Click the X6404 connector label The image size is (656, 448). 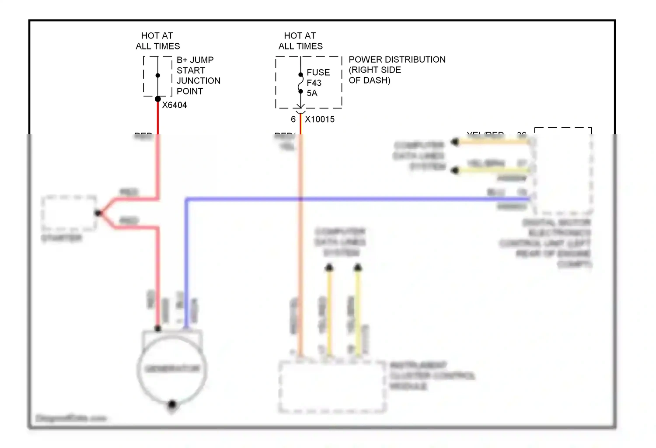coord(174,105)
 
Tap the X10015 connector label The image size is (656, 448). coord(319,119)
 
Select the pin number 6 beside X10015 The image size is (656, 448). coord(293,119)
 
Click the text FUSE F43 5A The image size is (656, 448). coord(318,83)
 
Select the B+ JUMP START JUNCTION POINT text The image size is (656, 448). coord(198,76)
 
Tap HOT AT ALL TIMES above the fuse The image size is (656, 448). coord(300,41)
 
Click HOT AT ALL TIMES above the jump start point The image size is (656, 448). coord(157,41)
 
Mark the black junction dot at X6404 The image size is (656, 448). coord(158,99)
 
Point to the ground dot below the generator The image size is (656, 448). coord(172,404)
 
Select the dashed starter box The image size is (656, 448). coord(69,213)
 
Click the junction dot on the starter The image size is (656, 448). coord(98,213)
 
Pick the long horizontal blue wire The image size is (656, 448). coord(350,199)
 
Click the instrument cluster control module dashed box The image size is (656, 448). coord(332,387)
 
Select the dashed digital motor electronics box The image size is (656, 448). coord(563,171)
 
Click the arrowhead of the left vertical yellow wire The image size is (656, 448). coord(329,267)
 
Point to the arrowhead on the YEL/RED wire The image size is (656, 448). coord(455,142)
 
